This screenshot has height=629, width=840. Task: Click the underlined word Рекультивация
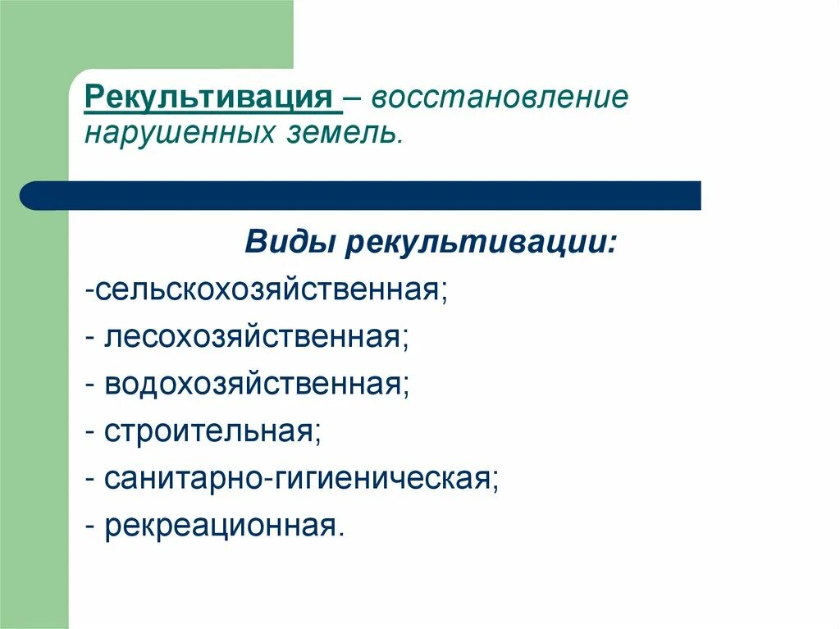(x=212, y=97)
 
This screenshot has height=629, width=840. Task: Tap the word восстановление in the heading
(x=500, y=97)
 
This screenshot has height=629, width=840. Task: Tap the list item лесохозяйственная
(x=255, y=336)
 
